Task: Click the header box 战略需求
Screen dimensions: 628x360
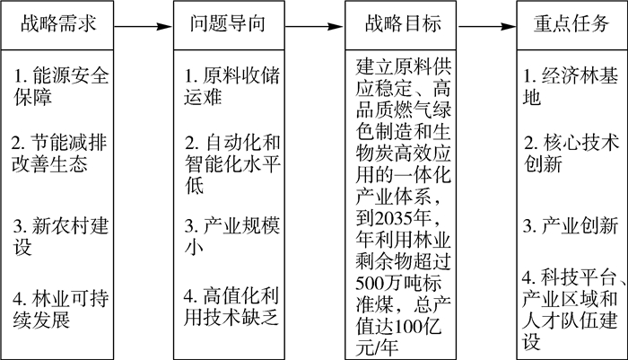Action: pyautogui.click(x=57, y=25)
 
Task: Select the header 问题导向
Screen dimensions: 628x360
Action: pyautogui.click(x=229, y=25)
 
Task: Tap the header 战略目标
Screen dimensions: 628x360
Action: pyautogui.click(x=400, y=25)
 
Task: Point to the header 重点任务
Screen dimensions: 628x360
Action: pyautogui.click(x=572, y=25)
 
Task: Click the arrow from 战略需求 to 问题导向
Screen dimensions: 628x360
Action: pyautogui.click(x=144, y=27)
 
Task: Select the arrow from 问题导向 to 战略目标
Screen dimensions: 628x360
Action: pyautogui.click(x=315, y=27)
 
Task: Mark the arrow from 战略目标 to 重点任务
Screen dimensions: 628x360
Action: pyautogui.click(x=486, y=27)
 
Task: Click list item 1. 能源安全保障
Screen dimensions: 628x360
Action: pyautogui.click(x=61, y=86)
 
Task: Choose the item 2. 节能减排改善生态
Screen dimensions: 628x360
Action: pyautogui.click(x=59, y=154)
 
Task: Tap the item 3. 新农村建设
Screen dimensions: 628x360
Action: pyautogui.click(x=60, y=236)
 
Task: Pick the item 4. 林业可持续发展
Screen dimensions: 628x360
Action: pyautogui.click(x=60, y=309)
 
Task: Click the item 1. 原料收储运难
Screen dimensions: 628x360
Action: pyautogui.click(x=231, y=86)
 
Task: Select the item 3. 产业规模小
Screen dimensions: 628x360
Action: pyautogui.click(x=231, y=236)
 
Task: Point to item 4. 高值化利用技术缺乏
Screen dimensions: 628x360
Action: pyautogui.click(x=231, y=307)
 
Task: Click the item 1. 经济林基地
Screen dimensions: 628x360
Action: pyautogui.click(x=571, y=86)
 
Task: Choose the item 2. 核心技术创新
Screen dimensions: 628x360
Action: pyautogui.click(x=571, y=154)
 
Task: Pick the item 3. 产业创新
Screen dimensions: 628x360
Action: pyautogui.click(x=571, y=226)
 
